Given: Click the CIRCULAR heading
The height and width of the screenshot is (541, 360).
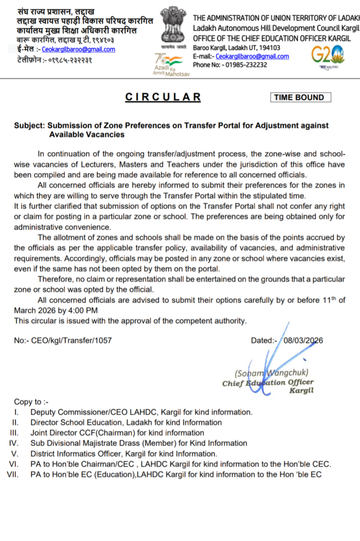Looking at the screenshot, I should point(163,97).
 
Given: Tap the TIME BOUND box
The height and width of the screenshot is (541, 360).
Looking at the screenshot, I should point(301,97).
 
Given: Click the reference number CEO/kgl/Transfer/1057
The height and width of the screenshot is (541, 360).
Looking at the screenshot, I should point(71,341).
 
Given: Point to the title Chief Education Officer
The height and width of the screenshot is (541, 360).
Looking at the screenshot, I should point(268,383).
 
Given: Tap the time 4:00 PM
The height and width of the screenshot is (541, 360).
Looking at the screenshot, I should point(81,310).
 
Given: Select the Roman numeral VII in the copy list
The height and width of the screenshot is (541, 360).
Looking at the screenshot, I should point(12,474).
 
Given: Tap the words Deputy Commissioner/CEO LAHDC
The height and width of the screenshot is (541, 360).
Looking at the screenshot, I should point(86,412).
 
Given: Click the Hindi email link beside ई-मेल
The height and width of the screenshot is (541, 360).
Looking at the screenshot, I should point(86,50).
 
